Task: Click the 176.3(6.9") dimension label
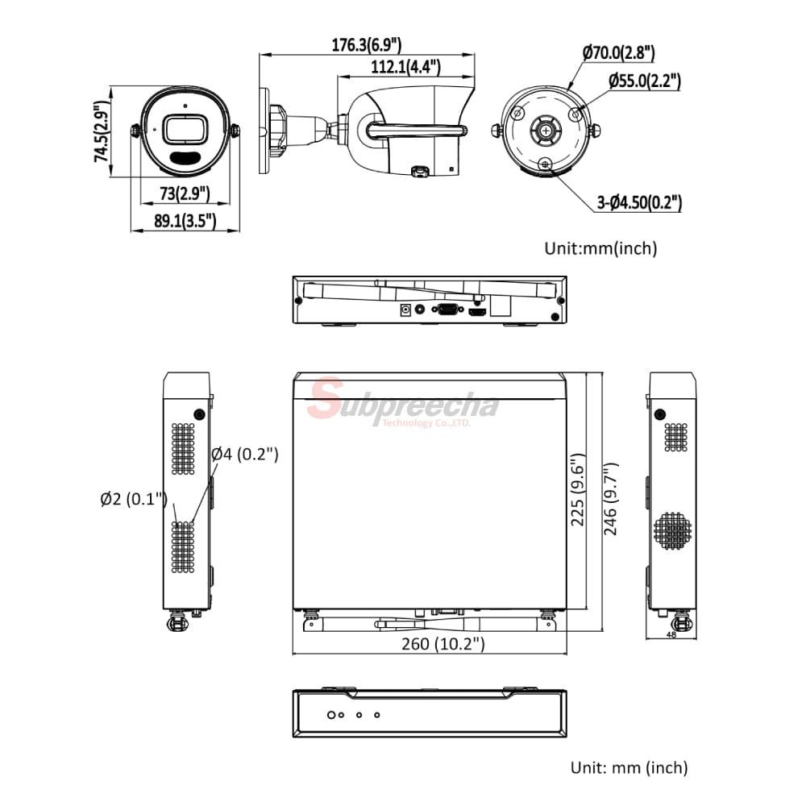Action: (x=366, y=44)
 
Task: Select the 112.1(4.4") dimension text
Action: (x=405, y=66)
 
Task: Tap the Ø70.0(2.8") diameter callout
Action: (x=618, y=52)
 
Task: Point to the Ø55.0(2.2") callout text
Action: (x=645, y=81)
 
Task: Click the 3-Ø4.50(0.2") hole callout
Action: (x=639, y=202)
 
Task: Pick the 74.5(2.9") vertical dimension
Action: (x=102, y=132)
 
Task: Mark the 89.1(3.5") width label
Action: (x=185, y=221)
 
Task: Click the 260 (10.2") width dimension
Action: (x=443, y=643)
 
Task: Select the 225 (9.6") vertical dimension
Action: (x=578, y=489)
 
